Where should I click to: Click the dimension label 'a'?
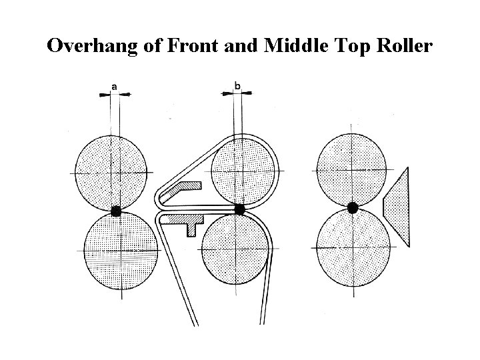(x=115, y=86)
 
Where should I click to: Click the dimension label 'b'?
(x=238, y=85)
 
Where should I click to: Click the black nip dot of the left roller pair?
(x=116, y=211)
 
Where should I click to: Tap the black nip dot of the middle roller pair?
(x=239, y=209)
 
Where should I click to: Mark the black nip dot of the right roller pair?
(x=353, y=207)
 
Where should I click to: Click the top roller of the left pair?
(x=111, y=172)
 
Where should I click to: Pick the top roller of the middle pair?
(x=244, y=171)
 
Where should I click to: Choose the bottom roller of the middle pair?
(x=235, y=249)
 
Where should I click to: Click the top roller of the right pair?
(x=353, y=168)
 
